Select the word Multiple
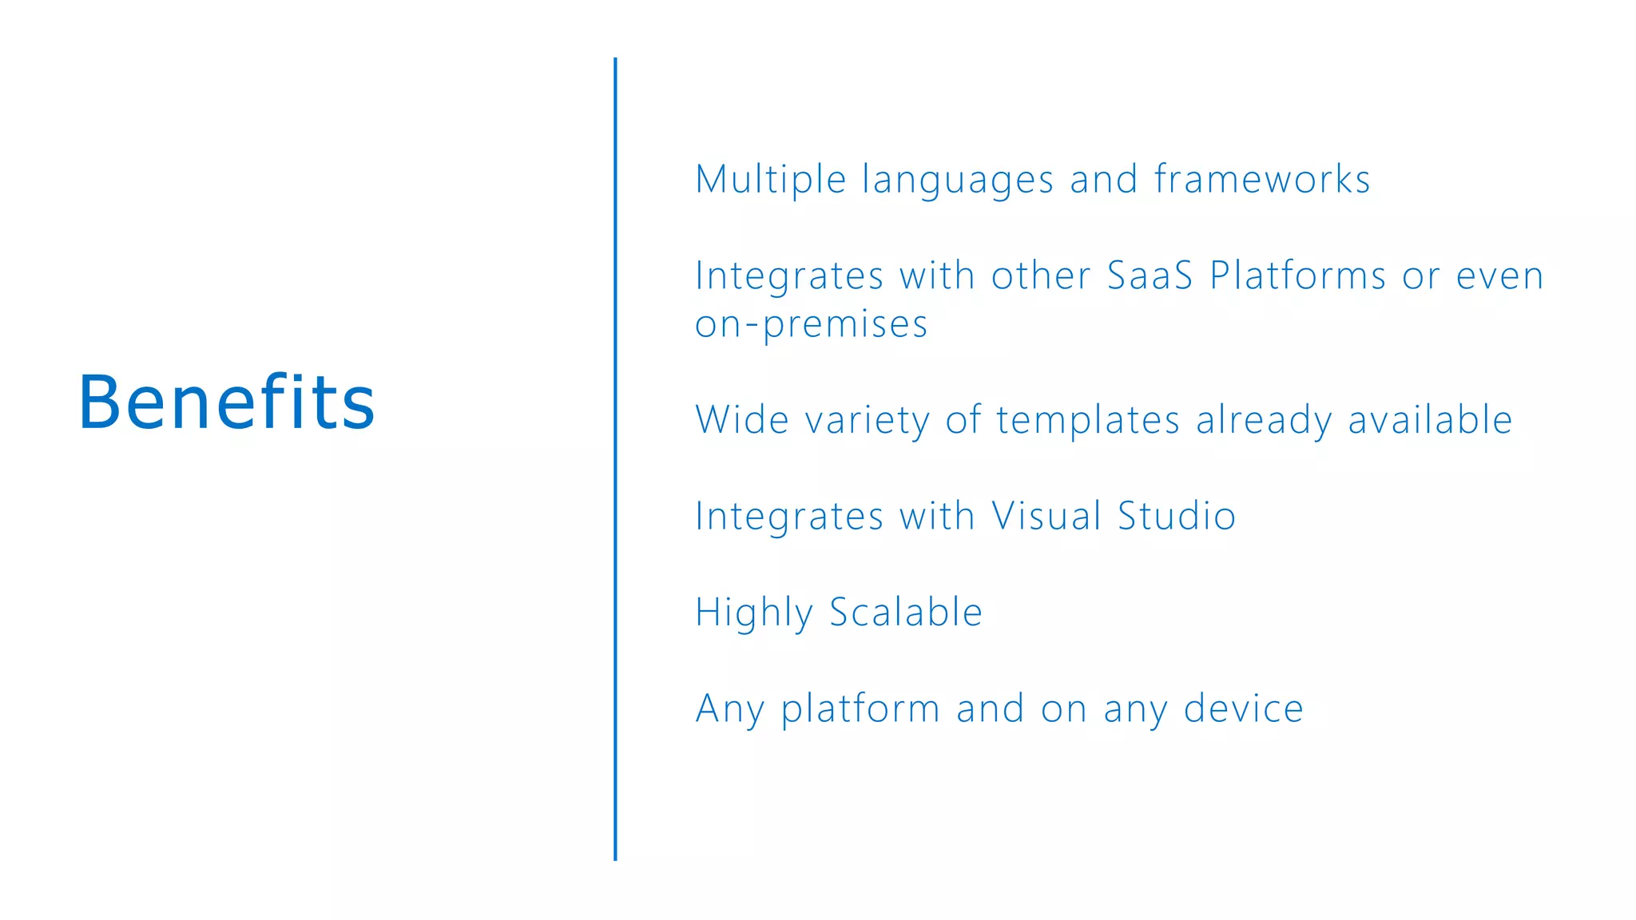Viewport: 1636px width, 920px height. click(x=770, y=180)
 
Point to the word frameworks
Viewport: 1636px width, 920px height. click(x=1262, y=179)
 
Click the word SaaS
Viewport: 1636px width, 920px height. click(x=1150, y=276)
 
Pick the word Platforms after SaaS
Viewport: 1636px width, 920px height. click(x=1298, y=276)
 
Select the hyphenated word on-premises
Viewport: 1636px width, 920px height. click(x=811, y=325)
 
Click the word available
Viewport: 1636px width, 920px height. click(x=1430, y=420)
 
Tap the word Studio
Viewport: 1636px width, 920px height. click(x=1177, y=516)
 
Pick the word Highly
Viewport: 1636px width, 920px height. click(x=754, y=613)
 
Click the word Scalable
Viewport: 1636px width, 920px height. click(x=906, y=613)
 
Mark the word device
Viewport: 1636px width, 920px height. click(x=1243, y=709)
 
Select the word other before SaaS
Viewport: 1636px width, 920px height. click(x=1041, y=276)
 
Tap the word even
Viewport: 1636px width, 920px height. click(x=1499, y=277)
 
